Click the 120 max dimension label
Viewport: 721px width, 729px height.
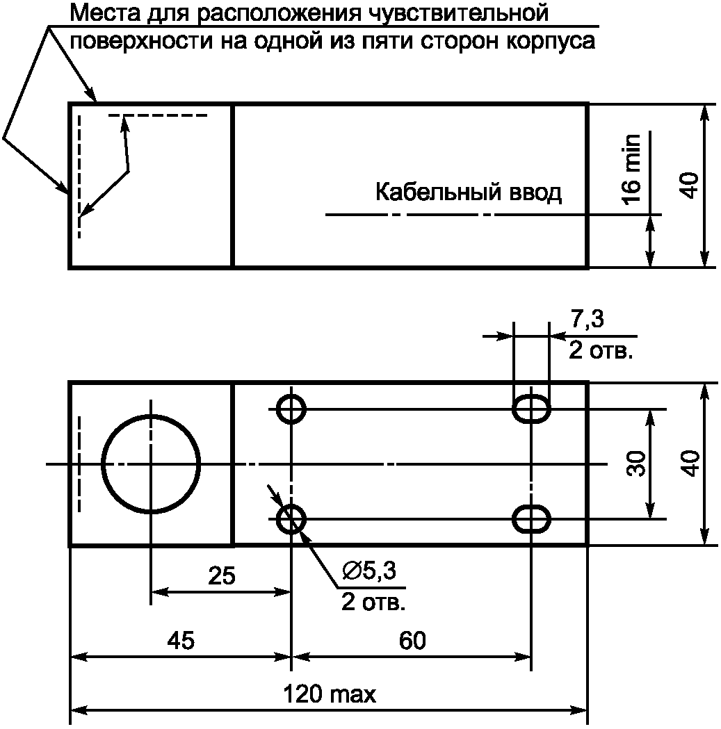point(330,694)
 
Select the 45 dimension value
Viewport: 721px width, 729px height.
point(181,641)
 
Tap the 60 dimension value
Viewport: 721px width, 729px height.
point(412,641)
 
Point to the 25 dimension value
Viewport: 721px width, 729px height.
point(222,576)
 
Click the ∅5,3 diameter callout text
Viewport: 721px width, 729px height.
point(369,570)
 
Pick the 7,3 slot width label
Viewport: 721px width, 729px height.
point(587,320)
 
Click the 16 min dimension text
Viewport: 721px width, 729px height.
point(631,168)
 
